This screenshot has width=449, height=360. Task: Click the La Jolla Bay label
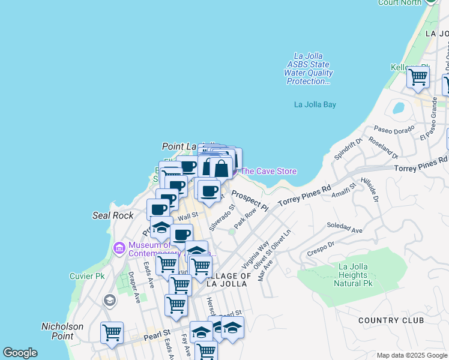[315, 104]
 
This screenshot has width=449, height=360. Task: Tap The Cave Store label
[268, 171]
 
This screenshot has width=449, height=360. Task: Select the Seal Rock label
[112, 215]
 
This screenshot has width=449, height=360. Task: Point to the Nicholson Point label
[62, 331]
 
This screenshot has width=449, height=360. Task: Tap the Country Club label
[391, 320]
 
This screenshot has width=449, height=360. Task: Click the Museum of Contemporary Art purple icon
[118, 247]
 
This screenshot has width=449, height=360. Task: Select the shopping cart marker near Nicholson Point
[112, 332]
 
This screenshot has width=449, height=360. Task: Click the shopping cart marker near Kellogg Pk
[417, 77]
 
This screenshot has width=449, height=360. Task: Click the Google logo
[20, 353]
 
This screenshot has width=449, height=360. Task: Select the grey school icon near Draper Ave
[109, 300]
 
